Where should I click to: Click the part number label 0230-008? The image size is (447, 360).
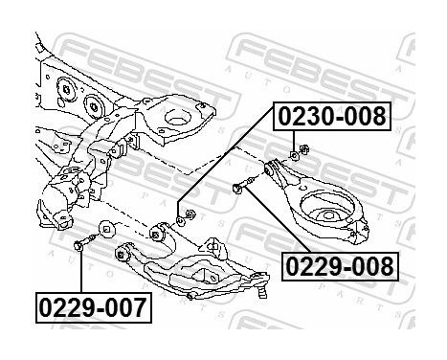334,117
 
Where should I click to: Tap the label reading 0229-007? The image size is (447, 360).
93,307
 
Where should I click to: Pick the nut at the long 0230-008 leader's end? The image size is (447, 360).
188,213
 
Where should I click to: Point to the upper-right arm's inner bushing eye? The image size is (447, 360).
278,172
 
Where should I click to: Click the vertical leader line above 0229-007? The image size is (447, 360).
80,273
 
